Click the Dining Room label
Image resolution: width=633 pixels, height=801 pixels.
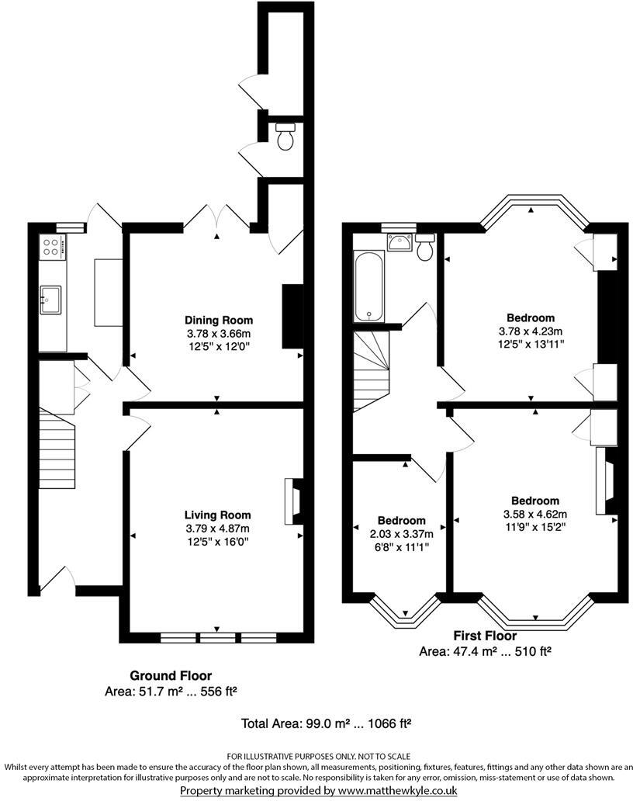click(218, 320)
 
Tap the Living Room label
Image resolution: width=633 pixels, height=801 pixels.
click(217, 515)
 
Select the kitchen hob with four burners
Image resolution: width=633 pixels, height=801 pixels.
click(51, 248)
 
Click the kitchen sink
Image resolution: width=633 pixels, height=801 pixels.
click(52, 299)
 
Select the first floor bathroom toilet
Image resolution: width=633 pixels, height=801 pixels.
click(424, 247)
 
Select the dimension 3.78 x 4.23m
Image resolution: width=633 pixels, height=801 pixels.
click(531, 331)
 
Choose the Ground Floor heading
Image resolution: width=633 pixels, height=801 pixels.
click(171, 676)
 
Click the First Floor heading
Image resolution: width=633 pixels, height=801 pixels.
click(485, 636)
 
